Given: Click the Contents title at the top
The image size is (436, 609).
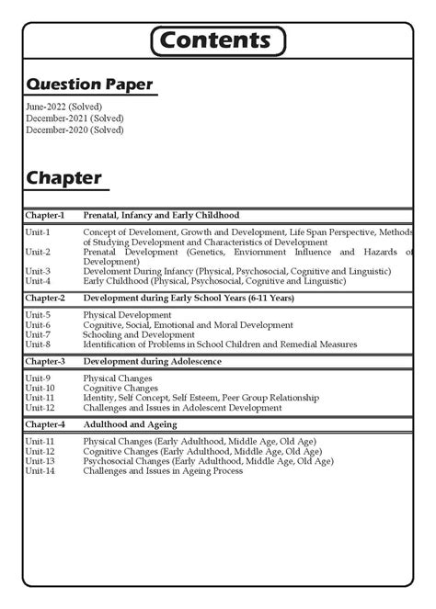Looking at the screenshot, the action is pyautogui.click(x=217, y=41).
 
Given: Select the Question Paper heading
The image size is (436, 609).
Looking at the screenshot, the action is pyautogui.click(x=88, y=85).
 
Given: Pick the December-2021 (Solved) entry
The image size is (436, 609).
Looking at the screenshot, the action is pyautogui.click(x=75, y=118).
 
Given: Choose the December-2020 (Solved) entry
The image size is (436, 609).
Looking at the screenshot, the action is pyautogui.click(x=75, y=130).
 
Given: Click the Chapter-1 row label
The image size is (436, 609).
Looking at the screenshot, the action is pyautogui.click(x=45, y=215).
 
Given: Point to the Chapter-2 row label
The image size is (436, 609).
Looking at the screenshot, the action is pyautogui.click(x=45, y=299).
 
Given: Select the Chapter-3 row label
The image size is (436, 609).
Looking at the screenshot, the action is pyautogui.click(x=45, y=362).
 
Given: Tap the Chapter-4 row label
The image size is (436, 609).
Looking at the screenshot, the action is pyautogui.click(x=45, y=425).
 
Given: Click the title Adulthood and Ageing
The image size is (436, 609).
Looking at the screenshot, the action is pyautogui.click(x=130, y=425).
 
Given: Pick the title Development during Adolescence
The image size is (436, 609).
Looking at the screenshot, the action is pyautogui.click(x=152, y=362).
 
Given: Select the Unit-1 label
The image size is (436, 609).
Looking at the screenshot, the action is pyautogui.click(x=38, y=233).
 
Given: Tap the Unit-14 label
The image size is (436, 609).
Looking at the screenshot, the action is pyautogui.click(x=40, y=471).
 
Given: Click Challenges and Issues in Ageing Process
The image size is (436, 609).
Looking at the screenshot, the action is pyautogui.click(x=163, y=471).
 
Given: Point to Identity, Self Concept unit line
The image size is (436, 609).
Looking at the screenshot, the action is pyautogui.click(x=201, y=398).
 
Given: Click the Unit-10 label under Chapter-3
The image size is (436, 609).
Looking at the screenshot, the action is pyautogui.click(x=40, y=388).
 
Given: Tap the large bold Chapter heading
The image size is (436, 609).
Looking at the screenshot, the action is pyautogui.click(x=63, y=177).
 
